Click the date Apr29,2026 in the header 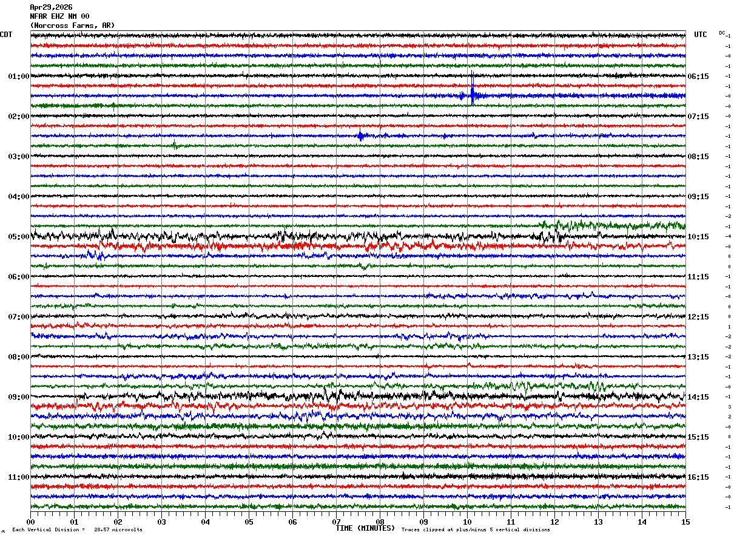tap(51, 7)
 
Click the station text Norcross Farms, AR tap(72, 26)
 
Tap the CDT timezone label tap(6, 35)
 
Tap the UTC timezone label tap(701, 35)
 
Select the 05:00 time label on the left tap(19, 237)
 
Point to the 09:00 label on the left tap(19, 397)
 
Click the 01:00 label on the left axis tap(19, 77)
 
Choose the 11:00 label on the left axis tap(19, 477)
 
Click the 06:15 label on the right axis tap(701, 77)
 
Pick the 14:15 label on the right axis tap(701, 397)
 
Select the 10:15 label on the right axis tap(701, 237)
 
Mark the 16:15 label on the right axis tap(701, 477)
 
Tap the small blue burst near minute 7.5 tap(361, 136)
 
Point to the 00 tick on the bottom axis tap(30, 522)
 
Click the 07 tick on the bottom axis tap(336, 522)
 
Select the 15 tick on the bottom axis tap(685, 522)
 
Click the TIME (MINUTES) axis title tap(365, 528)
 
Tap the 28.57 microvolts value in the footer tap(118, 530)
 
